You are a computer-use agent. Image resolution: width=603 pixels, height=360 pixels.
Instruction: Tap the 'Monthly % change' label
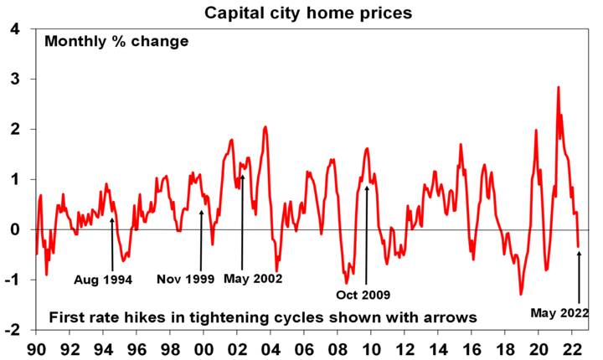point(117,41)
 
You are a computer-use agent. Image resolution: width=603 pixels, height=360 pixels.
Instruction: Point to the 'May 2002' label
point(253,278)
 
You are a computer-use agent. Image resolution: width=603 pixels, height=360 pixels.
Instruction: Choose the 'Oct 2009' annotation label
point(363,295)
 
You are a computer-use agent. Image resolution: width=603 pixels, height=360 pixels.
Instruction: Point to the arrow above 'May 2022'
point(579,276)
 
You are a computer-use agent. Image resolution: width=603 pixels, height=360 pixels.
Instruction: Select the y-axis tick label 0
point(17,229)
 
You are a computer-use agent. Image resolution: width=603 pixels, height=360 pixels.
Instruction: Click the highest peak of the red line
point(558,87)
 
